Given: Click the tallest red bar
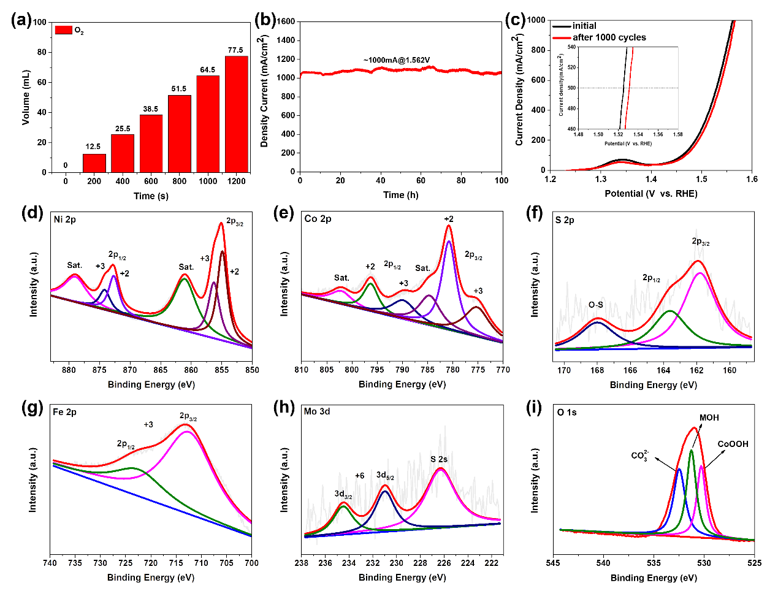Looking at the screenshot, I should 236,114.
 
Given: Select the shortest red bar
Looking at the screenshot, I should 94,163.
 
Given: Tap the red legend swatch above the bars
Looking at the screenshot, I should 64,29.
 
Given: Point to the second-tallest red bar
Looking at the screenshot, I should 208,124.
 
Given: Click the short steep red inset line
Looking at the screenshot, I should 629,89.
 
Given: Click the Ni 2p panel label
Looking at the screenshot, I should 65,219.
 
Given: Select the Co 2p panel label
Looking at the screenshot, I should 318,219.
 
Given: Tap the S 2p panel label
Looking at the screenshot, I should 564,220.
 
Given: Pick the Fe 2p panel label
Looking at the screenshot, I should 65,413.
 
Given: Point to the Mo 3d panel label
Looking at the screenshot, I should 316,412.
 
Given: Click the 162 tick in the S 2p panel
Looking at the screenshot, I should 696,370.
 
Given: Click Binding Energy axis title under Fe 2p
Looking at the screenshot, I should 151,578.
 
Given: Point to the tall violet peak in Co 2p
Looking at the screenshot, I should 449,258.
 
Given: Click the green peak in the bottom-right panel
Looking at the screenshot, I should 692,466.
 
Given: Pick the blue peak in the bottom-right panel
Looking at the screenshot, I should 679,484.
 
